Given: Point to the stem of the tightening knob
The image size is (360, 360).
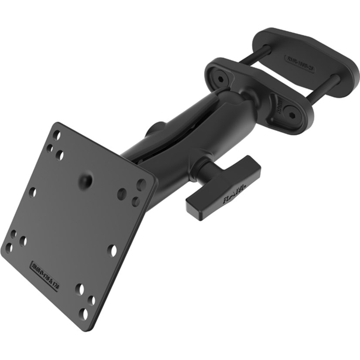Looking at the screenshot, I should (205, 168).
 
